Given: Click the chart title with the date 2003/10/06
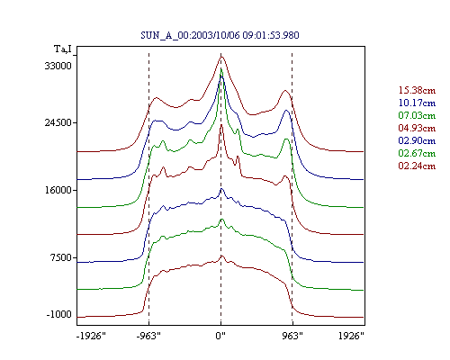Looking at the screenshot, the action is coord(220,35).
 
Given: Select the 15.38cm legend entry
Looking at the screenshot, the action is coord(417,90).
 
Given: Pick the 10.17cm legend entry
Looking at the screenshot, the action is coord(417,103).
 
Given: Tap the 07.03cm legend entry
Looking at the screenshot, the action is coord(417,115).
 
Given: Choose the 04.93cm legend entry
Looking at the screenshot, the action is coord(417,128).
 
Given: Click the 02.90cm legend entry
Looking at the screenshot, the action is coord(417,140).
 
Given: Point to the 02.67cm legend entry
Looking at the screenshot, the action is coord(417,153).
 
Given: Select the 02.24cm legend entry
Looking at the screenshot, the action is coord(417,166).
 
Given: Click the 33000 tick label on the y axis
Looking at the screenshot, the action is coord(58,66).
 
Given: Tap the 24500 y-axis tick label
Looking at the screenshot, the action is coord(58,122).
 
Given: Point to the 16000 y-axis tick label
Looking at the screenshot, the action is coord(58,190).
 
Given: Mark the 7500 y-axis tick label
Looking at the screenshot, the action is coord(62,257).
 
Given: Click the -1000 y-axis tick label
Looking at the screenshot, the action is coord(59,314).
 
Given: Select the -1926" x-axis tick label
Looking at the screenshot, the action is coord(91,336).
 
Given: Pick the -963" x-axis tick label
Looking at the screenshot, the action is coord(148,336).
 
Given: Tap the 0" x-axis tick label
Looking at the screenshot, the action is coord(220,336).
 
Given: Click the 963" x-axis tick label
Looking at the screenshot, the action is coord(292,336).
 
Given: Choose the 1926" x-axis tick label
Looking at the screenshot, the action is coord(351,336).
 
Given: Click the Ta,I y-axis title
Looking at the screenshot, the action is coord(63,49).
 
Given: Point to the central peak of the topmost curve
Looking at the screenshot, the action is coord(221,57).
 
